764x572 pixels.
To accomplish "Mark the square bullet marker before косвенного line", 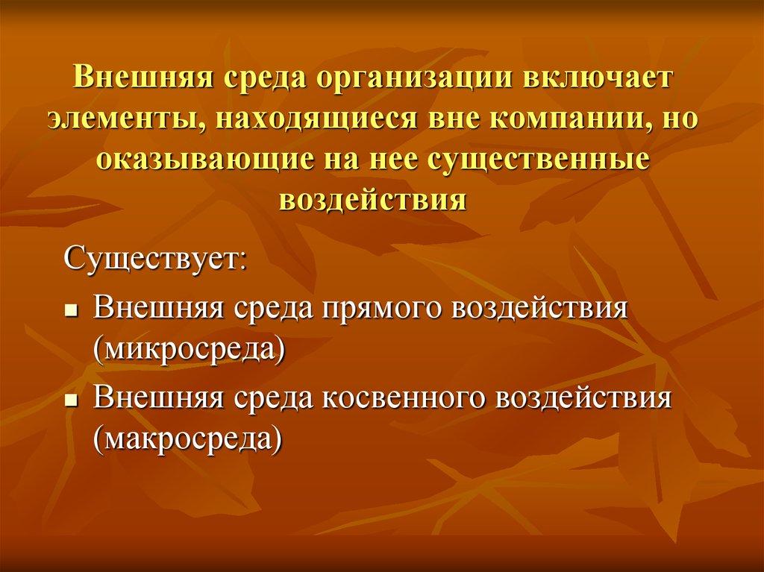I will pos(72,399).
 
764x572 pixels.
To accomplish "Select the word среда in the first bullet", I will pos(272,308).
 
